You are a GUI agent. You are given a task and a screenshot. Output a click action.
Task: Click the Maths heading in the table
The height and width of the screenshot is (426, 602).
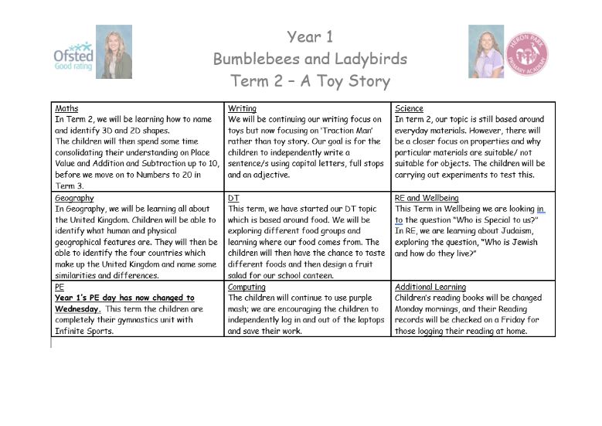[x=66, y=108]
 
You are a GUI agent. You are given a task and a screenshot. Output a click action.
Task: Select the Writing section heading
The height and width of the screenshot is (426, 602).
[x=242, y=108]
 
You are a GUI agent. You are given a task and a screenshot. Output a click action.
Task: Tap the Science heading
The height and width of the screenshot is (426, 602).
[x=410, y=108]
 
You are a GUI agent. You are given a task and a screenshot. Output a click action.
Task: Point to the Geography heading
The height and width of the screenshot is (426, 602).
[x=73, y=198]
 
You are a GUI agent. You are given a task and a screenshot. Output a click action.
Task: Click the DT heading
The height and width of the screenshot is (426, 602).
[x=233, y=198]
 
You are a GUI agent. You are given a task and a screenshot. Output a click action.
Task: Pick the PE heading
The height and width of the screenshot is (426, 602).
[x=60, y=287]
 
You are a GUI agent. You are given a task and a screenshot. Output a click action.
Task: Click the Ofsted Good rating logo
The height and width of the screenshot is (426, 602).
[x=73, y=56]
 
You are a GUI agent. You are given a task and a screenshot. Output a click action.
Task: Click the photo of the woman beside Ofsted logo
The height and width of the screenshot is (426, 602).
[x=114, y=52]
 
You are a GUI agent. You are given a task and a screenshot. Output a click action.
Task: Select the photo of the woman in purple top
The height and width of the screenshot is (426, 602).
[x=485, y=52]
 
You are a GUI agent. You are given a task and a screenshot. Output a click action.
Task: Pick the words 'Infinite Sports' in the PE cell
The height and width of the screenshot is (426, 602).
[x=83, y=331]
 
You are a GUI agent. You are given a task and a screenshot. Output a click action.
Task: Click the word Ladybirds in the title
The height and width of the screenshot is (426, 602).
[x=371, y=59]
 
